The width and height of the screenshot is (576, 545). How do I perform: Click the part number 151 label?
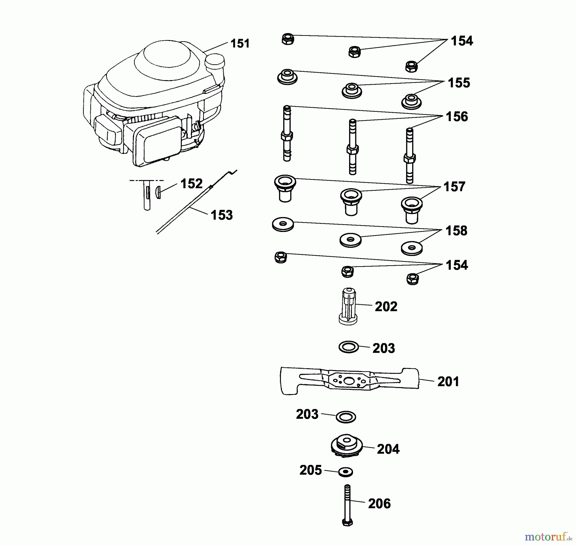click(240, 44)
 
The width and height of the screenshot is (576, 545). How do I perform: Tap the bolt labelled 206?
click(348, 505)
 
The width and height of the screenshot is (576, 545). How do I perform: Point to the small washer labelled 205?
click(346, 472)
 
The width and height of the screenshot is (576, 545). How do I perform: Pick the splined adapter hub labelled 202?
click(348, 307)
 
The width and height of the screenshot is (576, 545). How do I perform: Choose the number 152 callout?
click(191, 184)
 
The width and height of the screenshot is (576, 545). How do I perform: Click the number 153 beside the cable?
click(222, 215)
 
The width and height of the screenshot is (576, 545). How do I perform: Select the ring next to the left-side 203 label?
click(346, 417)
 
